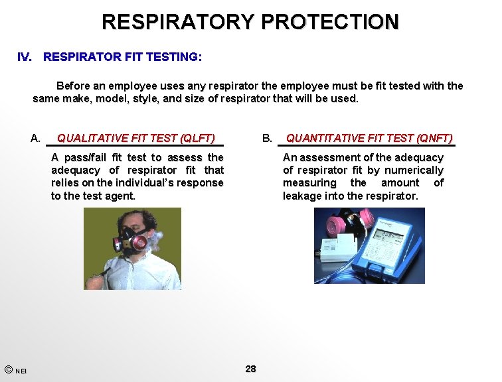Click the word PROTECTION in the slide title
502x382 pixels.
(330, 21)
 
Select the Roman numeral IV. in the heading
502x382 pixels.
(25, 57)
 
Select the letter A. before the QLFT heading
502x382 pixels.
(36, 139)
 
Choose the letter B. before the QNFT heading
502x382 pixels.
(268, 139)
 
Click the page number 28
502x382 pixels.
(250, 369)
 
